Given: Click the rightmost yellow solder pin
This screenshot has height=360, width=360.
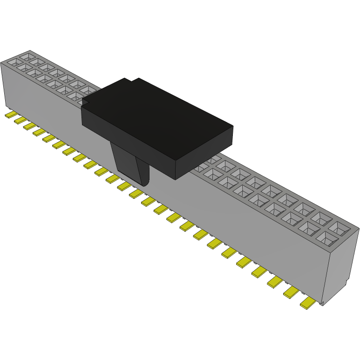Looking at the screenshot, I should pos(308,304).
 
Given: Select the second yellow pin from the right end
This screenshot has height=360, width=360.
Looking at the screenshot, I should pos(291,292).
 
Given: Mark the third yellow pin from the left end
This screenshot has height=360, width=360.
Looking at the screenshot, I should pos(30,126).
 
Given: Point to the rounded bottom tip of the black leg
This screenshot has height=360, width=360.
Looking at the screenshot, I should pos(144,183).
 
